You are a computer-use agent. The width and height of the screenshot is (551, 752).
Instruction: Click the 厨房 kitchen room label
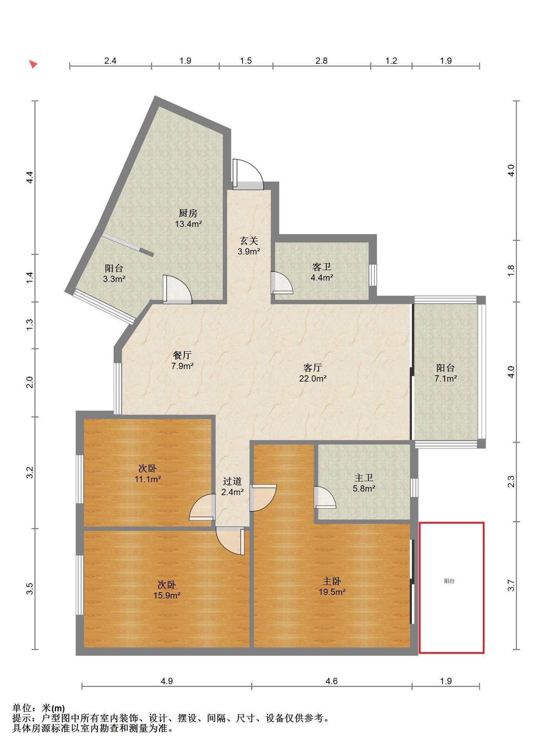(188, 213)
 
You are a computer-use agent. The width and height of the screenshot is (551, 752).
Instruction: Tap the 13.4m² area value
(188, 224)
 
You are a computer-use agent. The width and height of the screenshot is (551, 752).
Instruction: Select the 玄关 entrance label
(249, 241)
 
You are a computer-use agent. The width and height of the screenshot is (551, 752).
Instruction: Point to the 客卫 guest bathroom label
(322, 267)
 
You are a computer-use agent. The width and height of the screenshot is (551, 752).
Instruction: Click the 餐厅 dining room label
(182, 355)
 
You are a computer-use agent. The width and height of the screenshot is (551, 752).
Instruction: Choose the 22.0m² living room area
(313, 378)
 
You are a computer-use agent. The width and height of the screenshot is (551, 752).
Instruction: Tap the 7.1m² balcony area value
(446, 378)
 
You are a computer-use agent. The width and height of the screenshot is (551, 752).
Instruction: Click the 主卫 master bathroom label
(364, 478)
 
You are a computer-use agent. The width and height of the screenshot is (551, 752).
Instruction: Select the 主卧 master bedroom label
(332, 581)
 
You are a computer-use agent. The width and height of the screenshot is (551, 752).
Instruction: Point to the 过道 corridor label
(232, 481)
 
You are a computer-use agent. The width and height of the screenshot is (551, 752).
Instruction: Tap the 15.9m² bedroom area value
(167, 595)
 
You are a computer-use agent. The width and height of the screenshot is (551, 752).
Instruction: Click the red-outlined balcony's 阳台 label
(449, 581)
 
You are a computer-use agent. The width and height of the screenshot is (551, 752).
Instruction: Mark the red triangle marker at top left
(33, 64)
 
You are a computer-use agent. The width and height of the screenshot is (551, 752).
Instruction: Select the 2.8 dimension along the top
(321, 61)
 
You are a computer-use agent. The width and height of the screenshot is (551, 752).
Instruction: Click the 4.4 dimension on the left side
(29, 177)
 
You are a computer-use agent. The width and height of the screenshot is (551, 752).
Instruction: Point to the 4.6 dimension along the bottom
(331, 681)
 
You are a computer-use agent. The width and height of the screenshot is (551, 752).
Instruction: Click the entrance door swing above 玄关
(248, 174)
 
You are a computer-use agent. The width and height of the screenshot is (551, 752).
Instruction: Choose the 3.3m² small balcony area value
(114, 279)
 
